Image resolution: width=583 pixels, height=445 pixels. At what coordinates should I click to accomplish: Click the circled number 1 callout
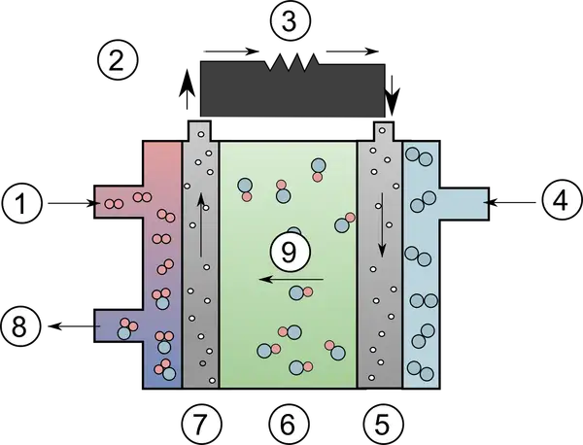(x=21, y=203)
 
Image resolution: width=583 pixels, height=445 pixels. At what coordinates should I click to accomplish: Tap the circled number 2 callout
(x=118, y=60)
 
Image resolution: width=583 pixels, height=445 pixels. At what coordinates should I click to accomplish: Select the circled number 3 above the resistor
(x=290, y=21)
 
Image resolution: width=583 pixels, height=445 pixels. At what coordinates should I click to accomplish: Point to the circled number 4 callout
(x=561, y=202)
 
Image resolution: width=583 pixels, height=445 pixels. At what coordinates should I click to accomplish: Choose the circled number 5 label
(x=383, y=425)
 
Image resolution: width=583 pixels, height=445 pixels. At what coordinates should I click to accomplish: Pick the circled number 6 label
(x=289, y=425)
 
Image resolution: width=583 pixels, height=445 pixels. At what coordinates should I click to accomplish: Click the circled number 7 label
(x=202, y=425)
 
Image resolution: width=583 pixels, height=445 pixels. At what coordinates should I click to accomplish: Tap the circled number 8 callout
(x=19, y=327)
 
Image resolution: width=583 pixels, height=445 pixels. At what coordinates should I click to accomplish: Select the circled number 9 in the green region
(x=290, y=252)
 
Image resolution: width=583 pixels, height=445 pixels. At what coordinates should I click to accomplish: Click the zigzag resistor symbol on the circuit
(x=292, y=62)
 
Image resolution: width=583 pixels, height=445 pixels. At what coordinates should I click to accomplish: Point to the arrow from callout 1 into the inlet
(x=74, y=203)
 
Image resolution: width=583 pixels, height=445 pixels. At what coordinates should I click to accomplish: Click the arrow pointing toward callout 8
(x=75, y=326)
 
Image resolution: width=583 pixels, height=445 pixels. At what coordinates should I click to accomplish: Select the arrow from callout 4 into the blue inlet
(x=509, y=203)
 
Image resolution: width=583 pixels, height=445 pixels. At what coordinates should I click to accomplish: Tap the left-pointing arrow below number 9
(x=291, y=279)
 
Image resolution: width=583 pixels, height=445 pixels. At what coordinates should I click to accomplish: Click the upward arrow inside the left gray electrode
(x=201, y=224)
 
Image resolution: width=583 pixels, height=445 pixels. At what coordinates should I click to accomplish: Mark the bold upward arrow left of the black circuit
(x=189, y=88)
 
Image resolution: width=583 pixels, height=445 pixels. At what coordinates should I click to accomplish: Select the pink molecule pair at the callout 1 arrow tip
(x=114, y=204)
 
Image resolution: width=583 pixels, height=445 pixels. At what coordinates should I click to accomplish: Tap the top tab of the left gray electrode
(x=200, y=131)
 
